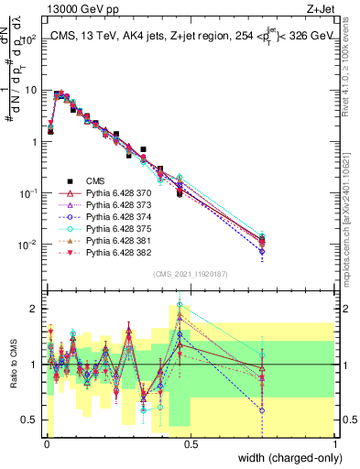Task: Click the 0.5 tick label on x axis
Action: click(x=189, y=443)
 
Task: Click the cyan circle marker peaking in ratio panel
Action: click(x=180, y=304)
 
